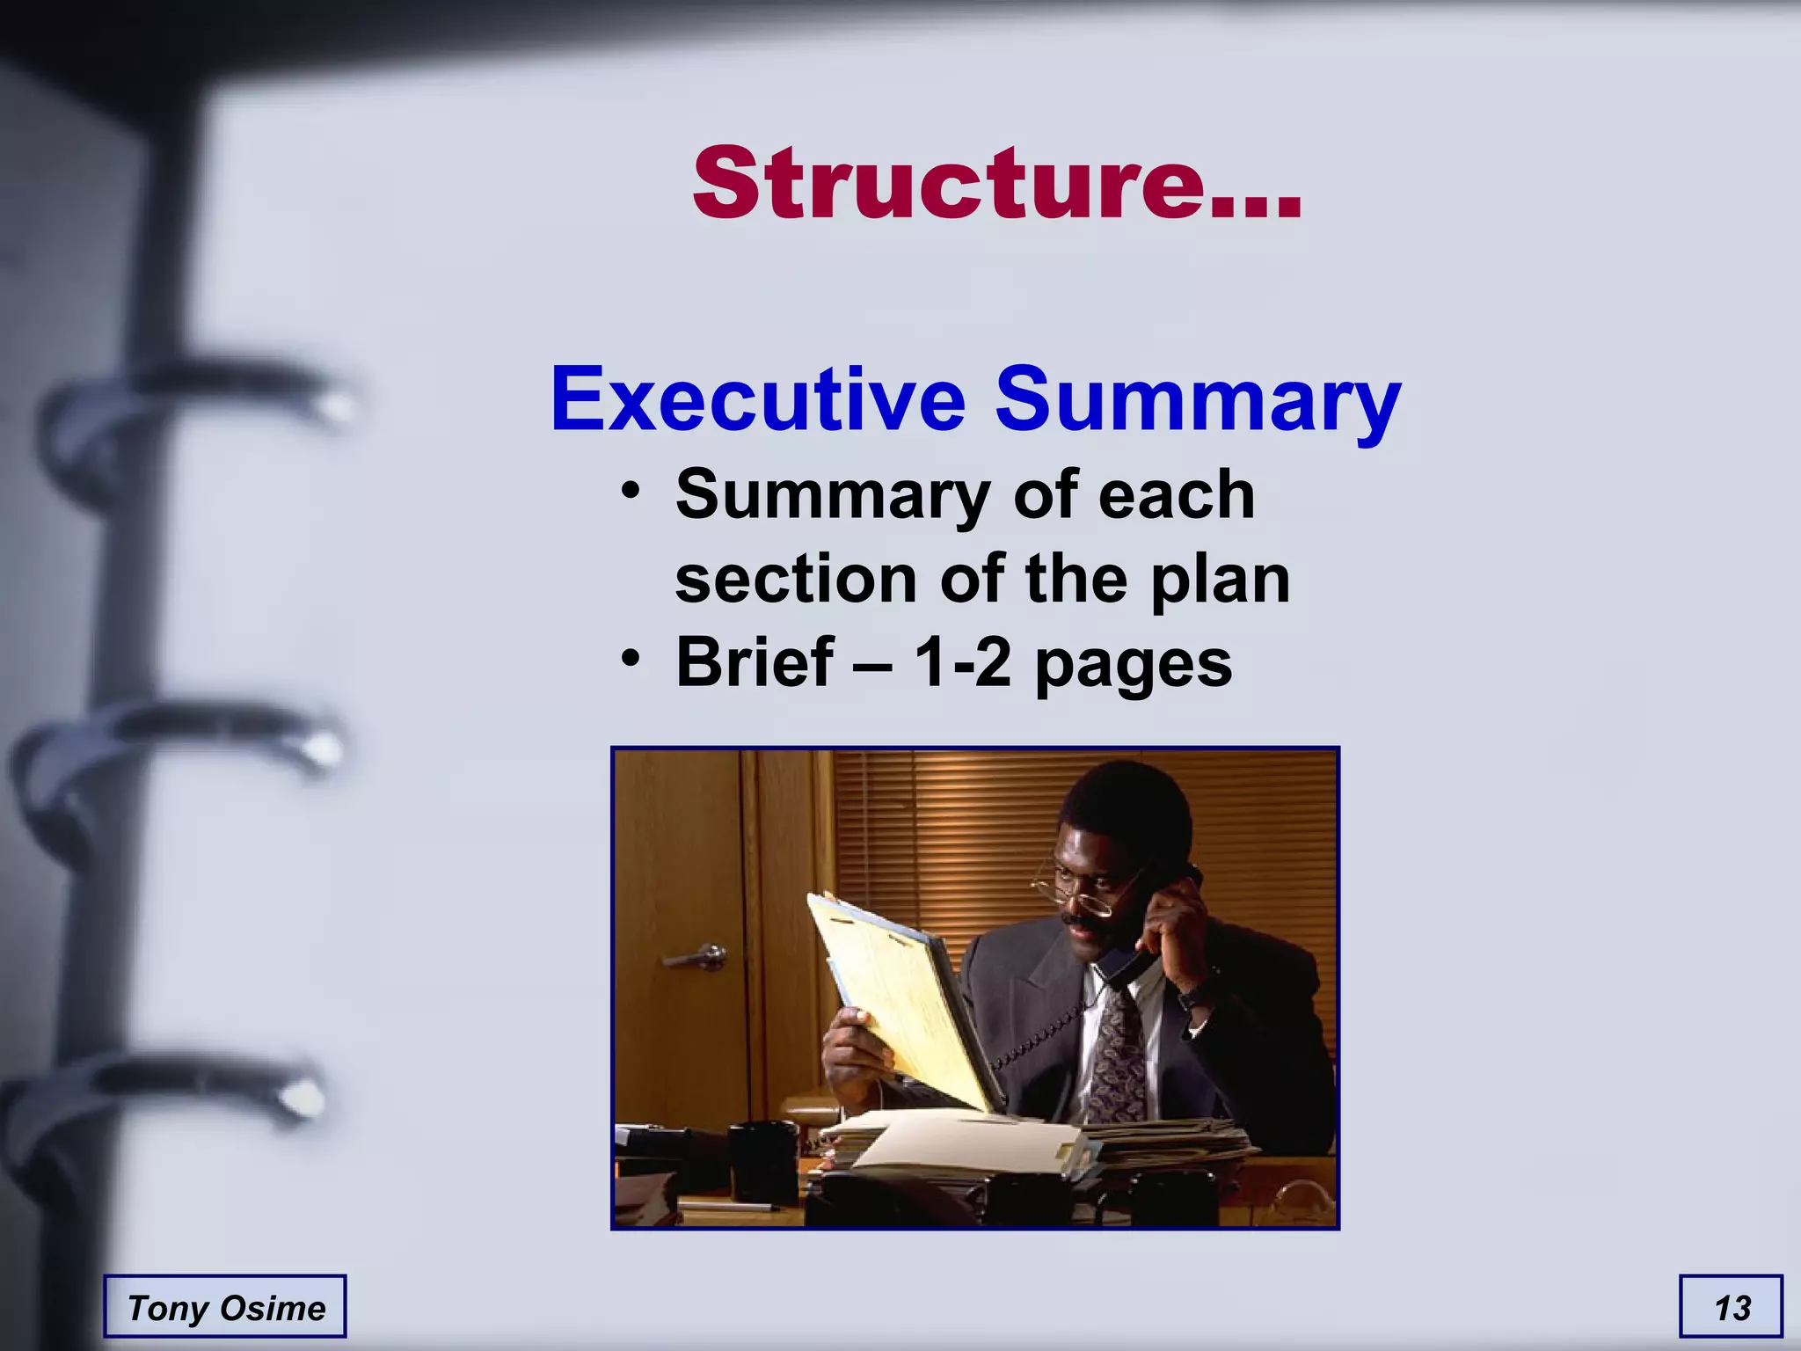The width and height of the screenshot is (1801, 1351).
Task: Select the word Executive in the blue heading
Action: pos(758,400)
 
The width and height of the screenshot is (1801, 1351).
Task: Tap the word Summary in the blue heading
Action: pos(1198,400)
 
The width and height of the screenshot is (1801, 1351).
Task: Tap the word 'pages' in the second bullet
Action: pos(1134,665)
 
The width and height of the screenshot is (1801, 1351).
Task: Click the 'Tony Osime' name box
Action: pos(225,1307)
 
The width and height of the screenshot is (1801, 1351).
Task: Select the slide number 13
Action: pos(1732,1307)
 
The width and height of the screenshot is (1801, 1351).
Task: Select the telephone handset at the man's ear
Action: pos(1143,941)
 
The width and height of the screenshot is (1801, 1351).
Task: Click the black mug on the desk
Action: pos(763,1161)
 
